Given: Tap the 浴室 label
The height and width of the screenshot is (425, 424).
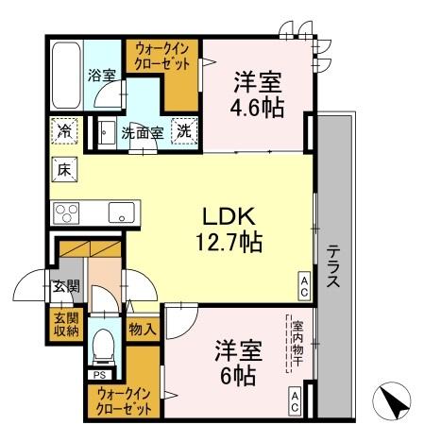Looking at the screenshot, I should pos(102,72).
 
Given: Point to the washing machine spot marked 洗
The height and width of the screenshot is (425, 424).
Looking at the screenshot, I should pos(186,132).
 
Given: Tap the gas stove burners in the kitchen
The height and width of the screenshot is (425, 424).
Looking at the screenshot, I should pos(66,211).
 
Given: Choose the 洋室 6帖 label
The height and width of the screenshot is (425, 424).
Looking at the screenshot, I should pos(235,358).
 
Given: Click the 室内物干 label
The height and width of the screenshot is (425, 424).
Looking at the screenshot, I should pos(296,344).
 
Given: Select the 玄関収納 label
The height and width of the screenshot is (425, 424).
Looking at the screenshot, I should pos(66,323).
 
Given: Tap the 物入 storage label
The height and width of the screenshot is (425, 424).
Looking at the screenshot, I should pos(143,330).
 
